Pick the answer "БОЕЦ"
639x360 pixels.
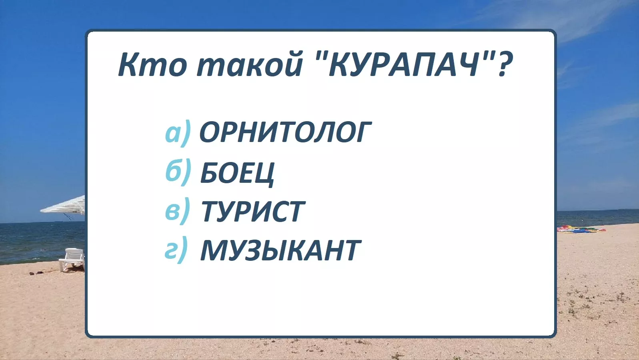pyautogui.click(x=237, y=173)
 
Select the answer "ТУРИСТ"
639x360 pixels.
pyautogui.click(x=253, y=211)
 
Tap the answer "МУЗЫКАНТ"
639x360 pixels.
pyautogui.click(x=280, y=250)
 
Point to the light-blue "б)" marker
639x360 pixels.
pyautogui.click(x=178, y=172)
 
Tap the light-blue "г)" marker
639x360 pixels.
pyautogui.click(x=176, y=250)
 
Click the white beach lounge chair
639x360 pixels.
pyautogui.click(x=72, y=258)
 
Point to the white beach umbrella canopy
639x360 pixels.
pyautogui.click(x=63, y=205)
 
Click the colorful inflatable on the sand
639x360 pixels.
pyautogui.click(x=581, y=229)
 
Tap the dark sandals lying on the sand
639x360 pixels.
pyautogui.click(x=37, y=273)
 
